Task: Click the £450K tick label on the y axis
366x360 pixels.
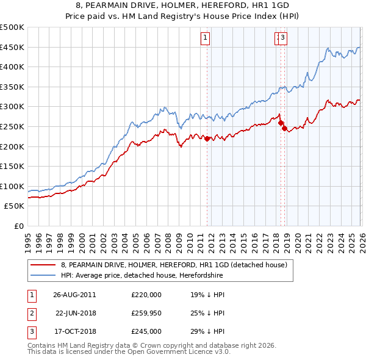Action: tap(12, 48)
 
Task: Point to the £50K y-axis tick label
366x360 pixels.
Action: tap(15, 206)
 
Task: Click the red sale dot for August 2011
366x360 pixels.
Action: tap(207, 139)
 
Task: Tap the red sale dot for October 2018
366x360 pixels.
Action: tap(284, 129)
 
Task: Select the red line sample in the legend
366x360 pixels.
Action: tap(43, 265)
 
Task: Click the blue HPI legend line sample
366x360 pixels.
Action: tap(43, 275)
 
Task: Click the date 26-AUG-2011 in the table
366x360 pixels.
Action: tap(74, 294)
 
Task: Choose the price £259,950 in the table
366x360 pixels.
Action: tap(146, 313)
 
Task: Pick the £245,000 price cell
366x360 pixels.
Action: tap(146, 332)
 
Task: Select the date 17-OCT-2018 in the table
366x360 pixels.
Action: tap(74, 332)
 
